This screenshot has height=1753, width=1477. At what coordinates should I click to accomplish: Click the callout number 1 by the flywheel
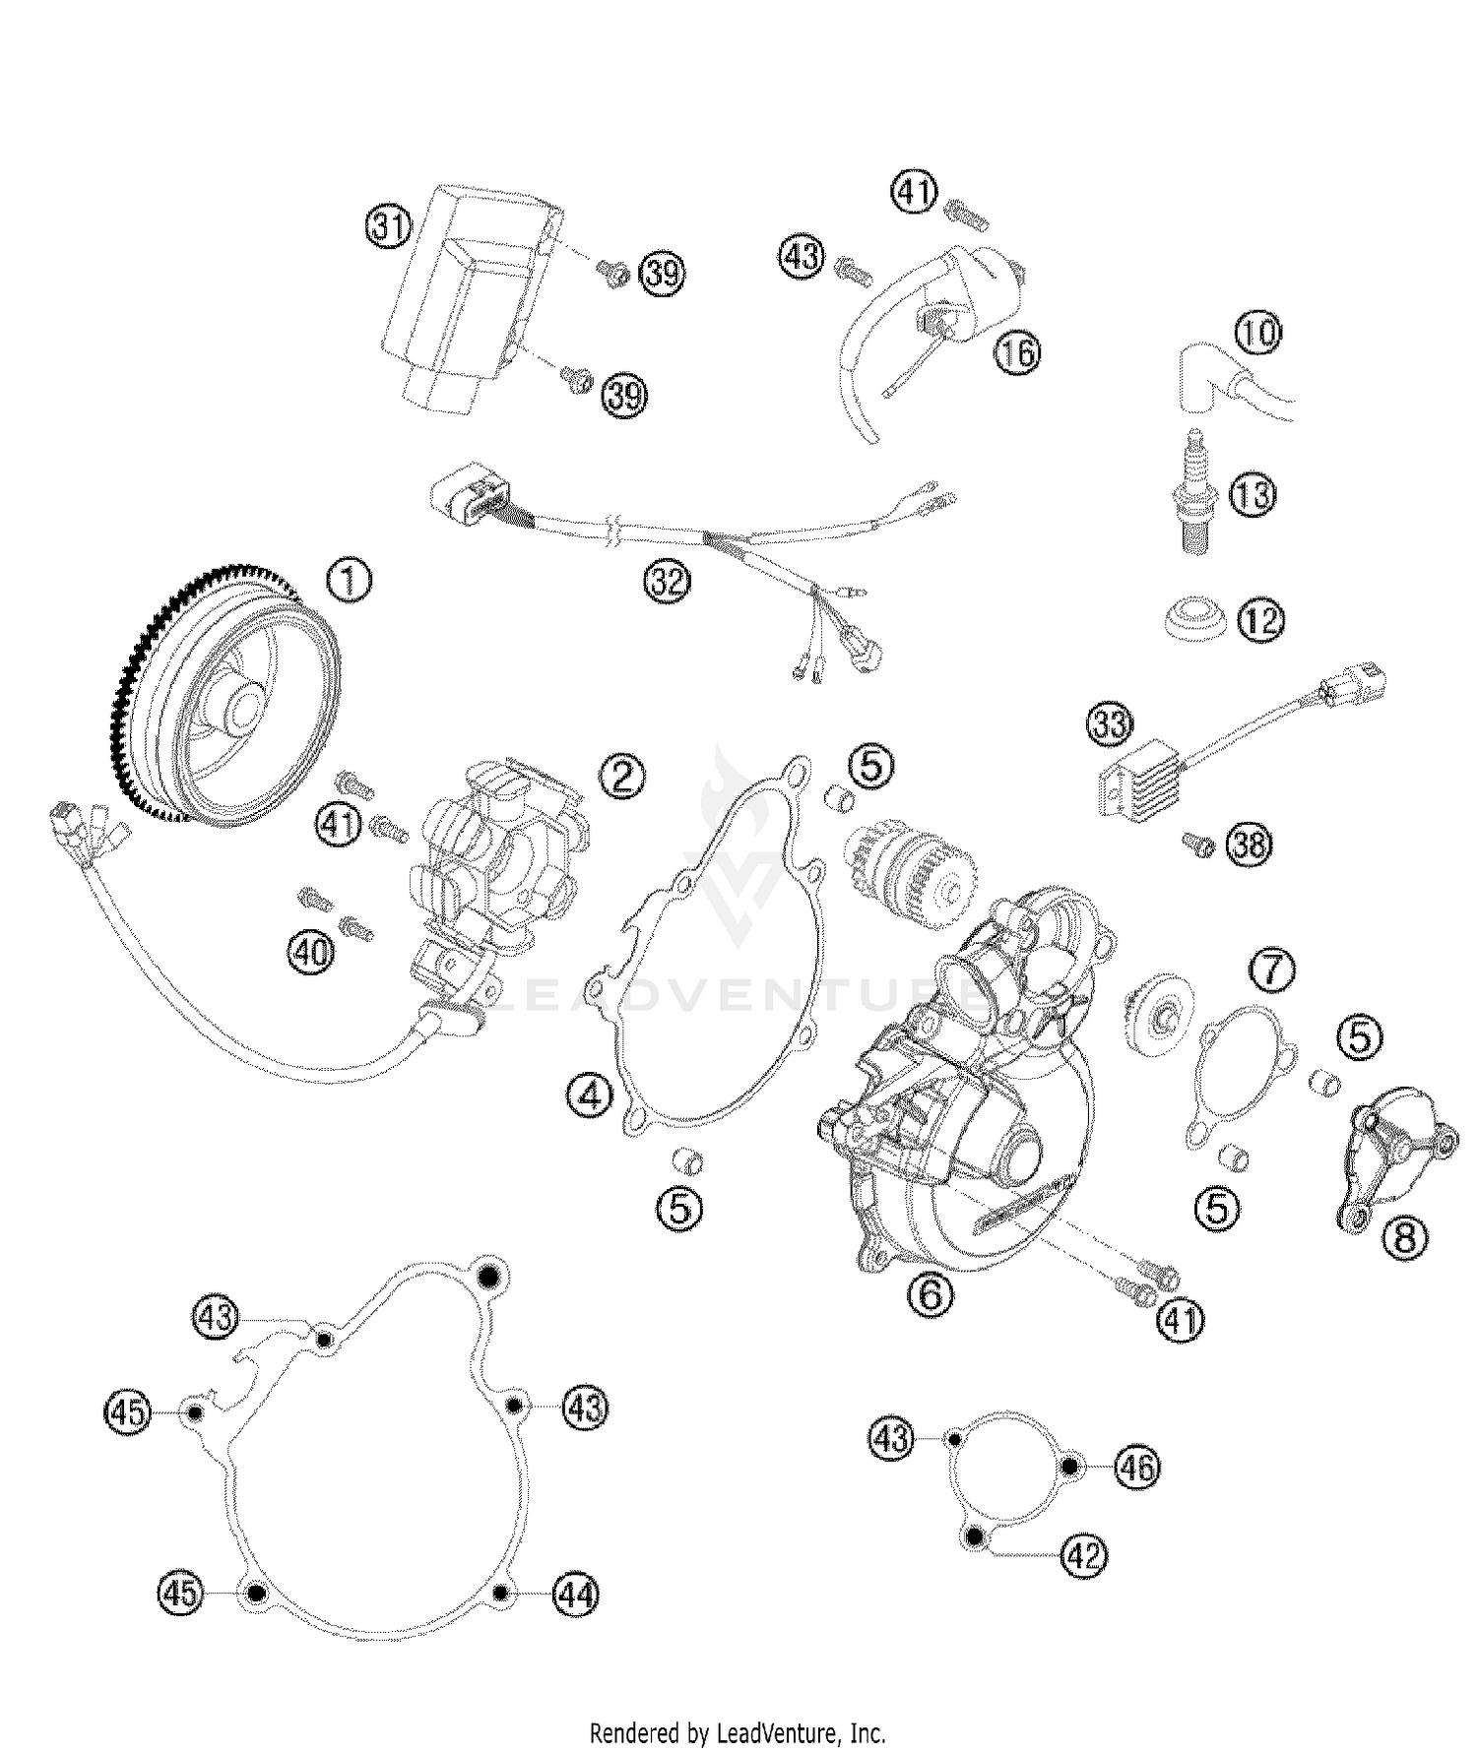pyautogui.click(x=349, y=580)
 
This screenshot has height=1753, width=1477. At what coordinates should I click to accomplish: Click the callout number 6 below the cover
pyautogui.click(x=931, y=1293)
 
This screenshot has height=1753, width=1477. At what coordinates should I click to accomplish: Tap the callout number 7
pyautogui.click(x=1273, y=970)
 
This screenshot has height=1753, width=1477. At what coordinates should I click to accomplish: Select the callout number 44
pyautogui.click(x=576, y=1594)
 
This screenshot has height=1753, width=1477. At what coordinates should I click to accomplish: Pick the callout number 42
pyautogui.click(x=1084, y=1556)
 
